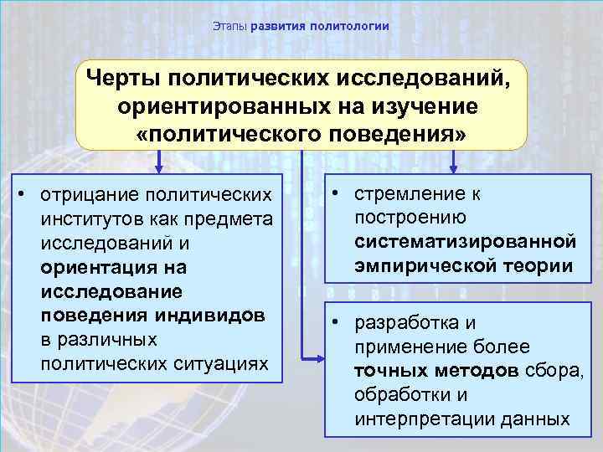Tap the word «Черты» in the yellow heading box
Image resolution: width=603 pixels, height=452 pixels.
(122, 79)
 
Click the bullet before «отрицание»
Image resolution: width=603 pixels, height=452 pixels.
(26, 195)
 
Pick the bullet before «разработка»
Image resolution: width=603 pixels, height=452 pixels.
(336, 322)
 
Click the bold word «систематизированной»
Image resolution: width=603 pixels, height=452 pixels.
(465, 242)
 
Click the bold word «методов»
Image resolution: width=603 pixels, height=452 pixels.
(479, 372)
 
